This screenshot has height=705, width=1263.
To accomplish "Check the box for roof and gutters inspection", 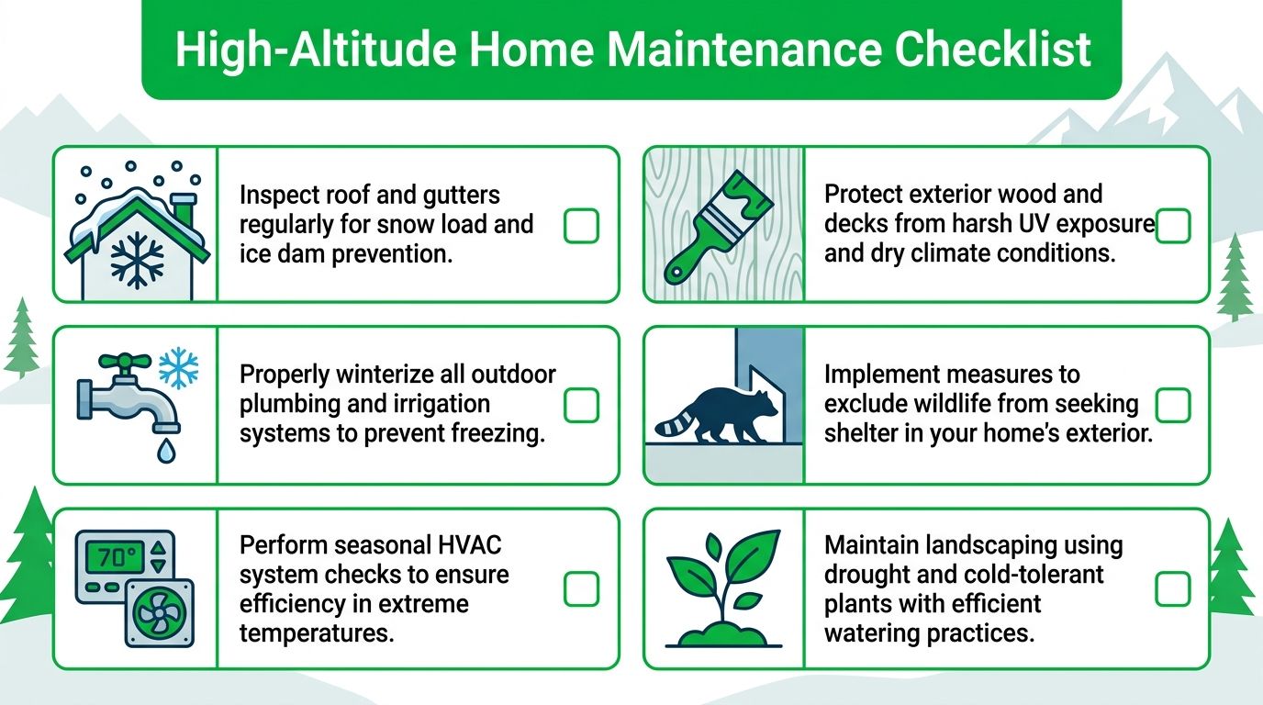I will pyautogui.click(x=580, y=226).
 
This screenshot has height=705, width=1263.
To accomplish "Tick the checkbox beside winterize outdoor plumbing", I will pyautogui.click(x=580, y=405).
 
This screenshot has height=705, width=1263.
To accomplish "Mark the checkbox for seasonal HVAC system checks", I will pyautogui.click(x=580, y=589).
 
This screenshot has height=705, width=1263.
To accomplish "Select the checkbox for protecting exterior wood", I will pyautogui.click(x=1172, y=226).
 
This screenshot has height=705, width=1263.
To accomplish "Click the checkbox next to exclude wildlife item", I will pyautogui.click(x=1172, y=405).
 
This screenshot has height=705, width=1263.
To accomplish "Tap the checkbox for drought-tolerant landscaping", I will pyautogui.click(x=1172, y=589).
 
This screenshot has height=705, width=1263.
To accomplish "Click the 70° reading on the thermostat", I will pyautogui.click(x=109, y=556).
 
